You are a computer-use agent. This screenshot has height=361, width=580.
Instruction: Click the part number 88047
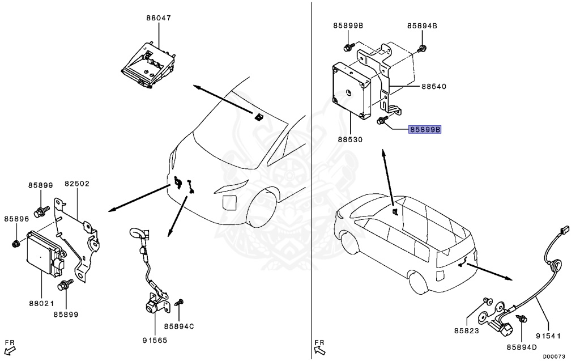click(x=159, y=18)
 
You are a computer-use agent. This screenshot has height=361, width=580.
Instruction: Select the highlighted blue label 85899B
click(x=425, y=130)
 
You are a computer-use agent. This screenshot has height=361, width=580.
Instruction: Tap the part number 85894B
click(x=422, y=26)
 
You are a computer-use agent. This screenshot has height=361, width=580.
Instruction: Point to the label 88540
click(x=434, y=87)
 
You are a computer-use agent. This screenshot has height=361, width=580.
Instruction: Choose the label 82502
click(x=77, y=184)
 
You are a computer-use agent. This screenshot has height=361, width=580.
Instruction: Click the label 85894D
click(x=522, y=347)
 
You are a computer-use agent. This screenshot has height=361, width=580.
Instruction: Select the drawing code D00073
click(x=553, y=356)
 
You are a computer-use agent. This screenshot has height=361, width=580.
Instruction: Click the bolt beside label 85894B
click(x=421, y=49)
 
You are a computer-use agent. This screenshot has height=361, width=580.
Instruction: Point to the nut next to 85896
click(x=16, y=244)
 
